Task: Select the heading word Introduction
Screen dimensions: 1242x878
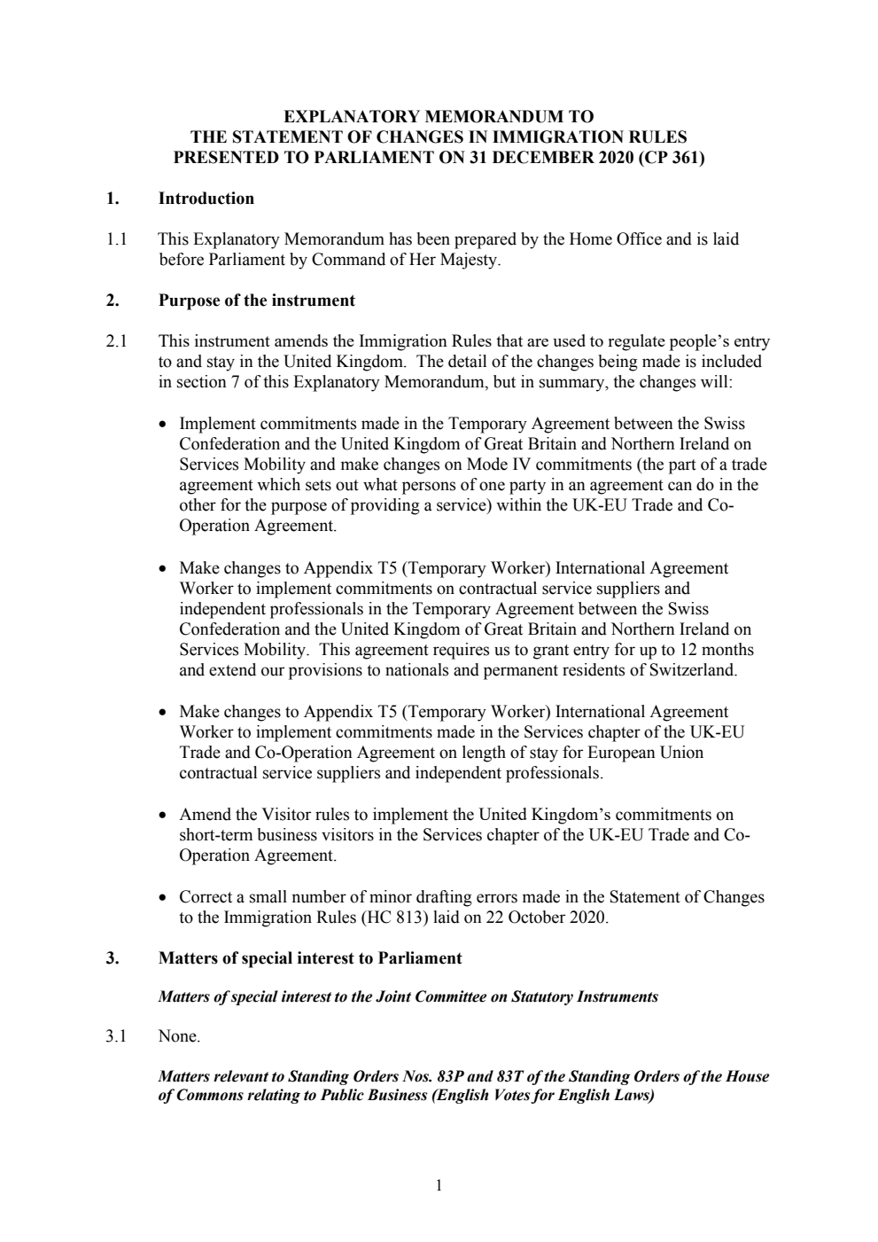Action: click(x=206, y=199)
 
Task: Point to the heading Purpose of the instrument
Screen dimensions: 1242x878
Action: click(x=256, y=301)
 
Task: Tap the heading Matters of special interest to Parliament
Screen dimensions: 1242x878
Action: click(x=309, y=958)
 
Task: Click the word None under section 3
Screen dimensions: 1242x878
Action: click(x=179, y=1036)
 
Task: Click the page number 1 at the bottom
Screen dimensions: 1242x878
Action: click(x=439, y=1186)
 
